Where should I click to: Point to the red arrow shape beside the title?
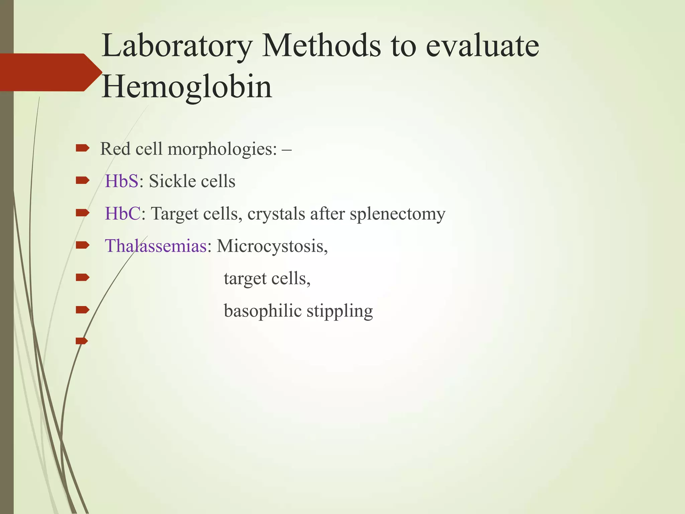click(50, 72)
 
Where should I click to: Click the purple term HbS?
click(121, 181)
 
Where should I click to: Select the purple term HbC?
click(123, 213)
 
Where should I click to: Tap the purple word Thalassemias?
click(156, 246)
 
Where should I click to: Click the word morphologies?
click(222, 149)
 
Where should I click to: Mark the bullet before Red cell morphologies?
click(82, 148)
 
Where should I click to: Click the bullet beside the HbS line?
click(82, 181)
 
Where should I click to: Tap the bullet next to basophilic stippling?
click(82, 310)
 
